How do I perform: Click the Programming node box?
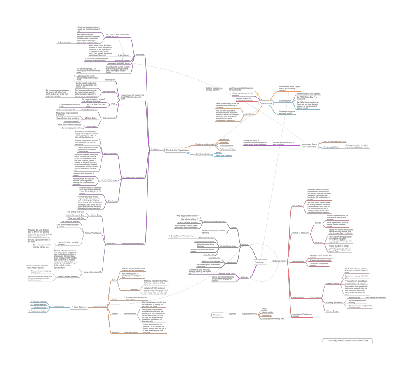click(266, 103)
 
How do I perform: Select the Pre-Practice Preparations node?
click(177, 150)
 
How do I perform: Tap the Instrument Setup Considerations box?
click(309, 145)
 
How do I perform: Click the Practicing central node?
click(259, 262)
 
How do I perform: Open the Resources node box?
click(218, 315)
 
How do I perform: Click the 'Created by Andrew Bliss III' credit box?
click(348, 341)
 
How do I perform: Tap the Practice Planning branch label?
click(99, 306)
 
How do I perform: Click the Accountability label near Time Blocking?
click(59, 306)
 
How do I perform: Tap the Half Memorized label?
click(108, 91)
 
